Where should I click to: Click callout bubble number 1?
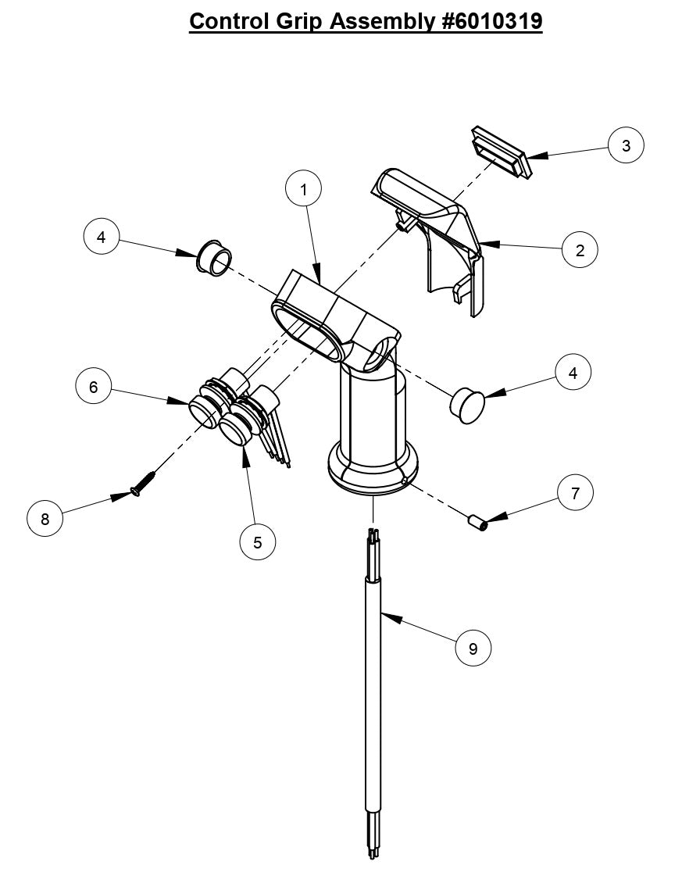coord(304,188)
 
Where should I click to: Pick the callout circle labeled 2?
coord(580,250)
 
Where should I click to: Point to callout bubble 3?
coord(627,145)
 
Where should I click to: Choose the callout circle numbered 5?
coord(258,541)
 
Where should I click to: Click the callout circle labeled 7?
coord(576,493)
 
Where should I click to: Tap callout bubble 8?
coord(45,519)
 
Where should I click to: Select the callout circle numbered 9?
coord(473,648)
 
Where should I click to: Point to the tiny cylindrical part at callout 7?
coord(477,521)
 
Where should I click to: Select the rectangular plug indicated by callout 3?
coord(501,152)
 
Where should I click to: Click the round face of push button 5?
coord(234,429)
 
